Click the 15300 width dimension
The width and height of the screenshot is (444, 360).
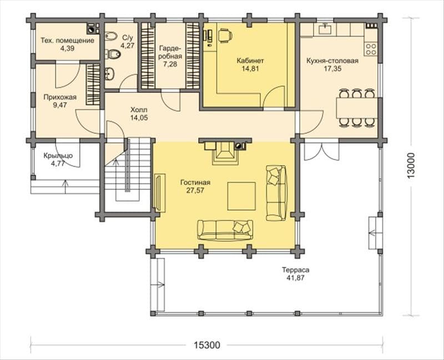tap(206, 345)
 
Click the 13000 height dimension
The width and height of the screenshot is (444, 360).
tap(411, 166)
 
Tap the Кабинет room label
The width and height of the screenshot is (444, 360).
tap(250, 61)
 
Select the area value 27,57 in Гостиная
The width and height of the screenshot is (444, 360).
tap(195, 191)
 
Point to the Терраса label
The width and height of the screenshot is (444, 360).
tap(295, 270)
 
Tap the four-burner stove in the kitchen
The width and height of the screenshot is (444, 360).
tap(371, 49)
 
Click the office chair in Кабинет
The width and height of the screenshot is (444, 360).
tap(225, 35)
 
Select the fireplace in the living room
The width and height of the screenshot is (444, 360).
tap(225, 153)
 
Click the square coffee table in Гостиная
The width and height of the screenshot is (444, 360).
tap(241, 196)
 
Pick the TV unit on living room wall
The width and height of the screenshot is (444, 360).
tap(160, 192)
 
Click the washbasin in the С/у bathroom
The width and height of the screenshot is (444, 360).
tap(109, 73)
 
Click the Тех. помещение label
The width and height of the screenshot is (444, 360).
tap(67, 41)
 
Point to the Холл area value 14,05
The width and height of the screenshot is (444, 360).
tap(139, 118)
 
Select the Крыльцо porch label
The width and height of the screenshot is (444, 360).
tap(58, 156)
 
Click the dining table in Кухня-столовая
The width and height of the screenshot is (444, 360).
tap(357, 108)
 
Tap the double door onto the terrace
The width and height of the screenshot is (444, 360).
tap(322, 152)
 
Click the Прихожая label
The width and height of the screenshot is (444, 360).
tap(60, 97)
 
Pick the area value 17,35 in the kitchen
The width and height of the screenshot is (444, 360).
tap(332, 68)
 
